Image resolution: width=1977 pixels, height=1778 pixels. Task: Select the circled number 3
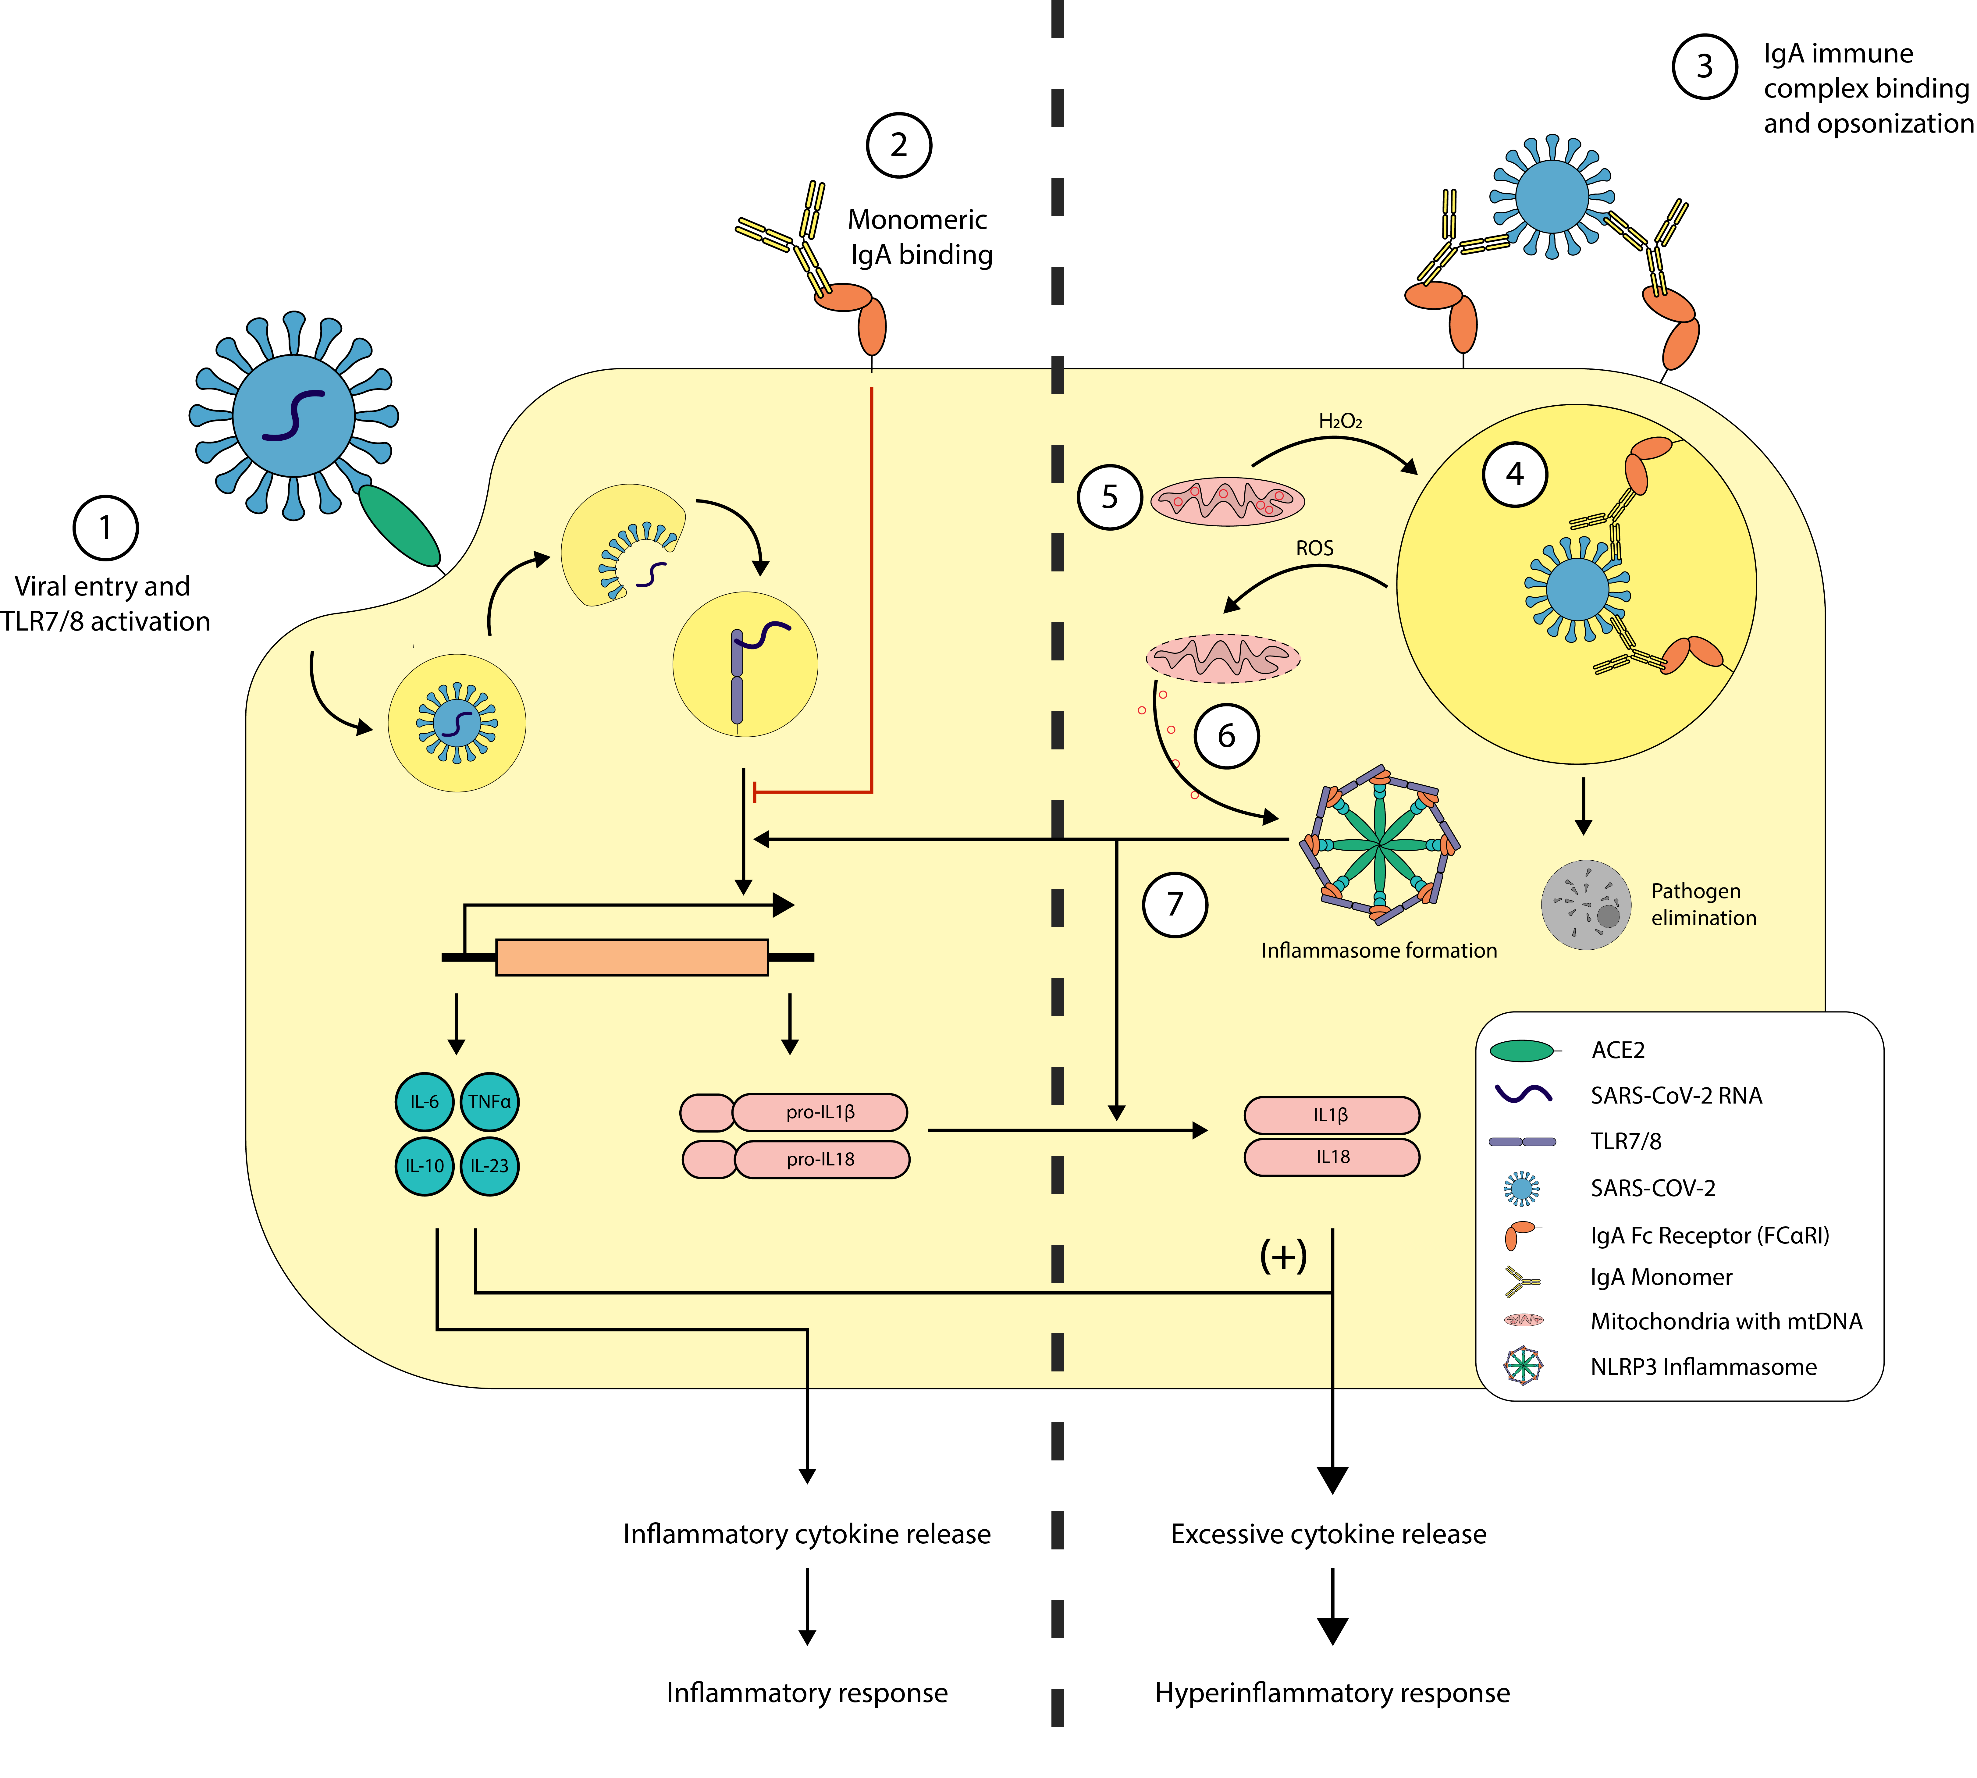(1705, 66)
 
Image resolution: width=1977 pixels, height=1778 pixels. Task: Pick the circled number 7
(1175, 905)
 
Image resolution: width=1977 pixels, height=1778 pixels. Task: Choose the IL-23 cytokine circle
(489, 1165)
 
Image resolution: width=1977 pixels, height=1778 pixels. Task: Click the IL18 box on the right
(1331, 1157)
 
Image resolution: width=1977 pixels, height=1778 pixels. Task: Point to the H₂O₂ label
(1340, 421)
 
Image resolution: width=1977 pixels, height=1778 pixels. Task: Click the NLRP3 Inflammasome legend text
(1704, 1367)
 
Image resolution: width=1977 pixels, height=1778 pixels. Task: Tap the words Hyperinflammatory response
(1332, 1693)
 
